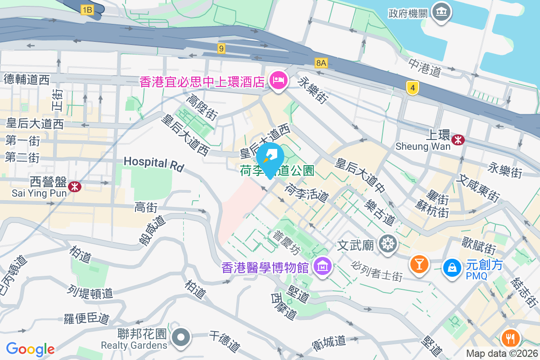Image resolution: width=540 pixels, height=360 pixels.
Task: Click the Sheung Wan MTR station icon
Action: tap(458, 139)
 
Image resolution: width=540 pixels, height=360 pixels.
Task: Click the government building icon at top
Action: tap(438, 11)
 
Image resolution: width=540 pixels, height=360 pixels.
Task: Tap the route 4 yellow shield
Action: tap(412, 87)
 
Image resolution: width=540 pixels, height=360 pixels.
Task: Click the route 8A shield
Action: tap(321, 63)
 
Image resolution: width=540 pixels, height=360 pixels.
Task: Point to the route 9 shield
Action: tap(220, 48)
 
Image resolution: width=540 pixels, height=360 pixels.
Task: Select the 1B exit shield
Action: tap(87, 9)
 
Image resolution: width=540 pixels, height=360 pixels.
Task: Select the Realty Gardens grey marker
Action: tap(181, 337)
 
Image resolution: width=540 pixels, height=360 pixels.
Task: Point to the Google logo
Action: tap(30, 349)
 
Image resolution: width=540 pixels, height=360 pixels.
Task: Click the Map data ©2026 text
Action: tap(502, 354)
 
